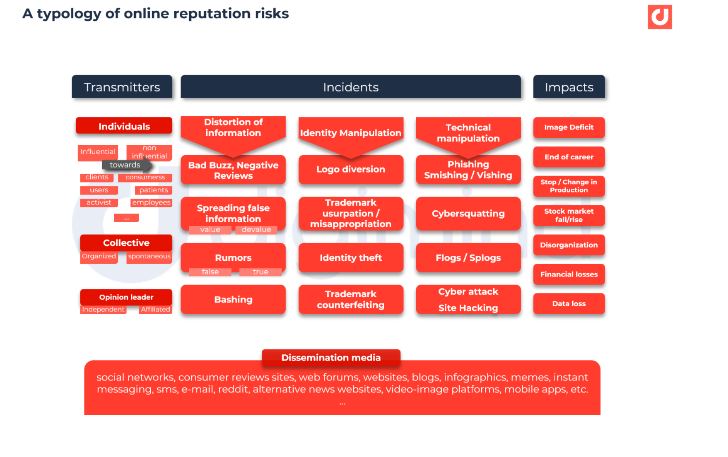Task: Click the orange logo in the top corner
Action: coord(659,17)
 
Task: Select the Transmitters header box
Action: coord(122,87)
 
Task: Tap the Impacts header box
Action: coord(569,87)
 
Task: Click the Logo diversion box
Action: coord(350,169)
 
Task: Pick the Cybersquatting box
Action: coord(468,214)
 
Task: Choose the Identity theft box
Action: coord(350,257)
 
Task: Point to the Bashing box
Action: coord(233,299)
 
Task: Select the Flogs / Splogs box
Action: coord(468,257)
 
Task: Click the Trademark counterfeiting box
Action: coord(350,299)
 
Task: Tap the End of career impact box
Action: coord(569,157)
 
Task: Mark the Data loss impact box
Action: coord(569,303)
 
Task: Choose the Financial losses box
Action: coord(569,274)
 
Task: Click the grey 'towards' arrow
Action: coord(126,165)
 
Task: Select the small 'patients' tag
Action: coord(153,190)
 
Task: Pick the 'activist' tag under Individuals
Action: coord(99,202)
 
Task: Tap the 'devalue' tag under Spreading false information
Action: coord(256,230)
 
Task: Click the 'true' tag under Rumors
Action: coord(260,272)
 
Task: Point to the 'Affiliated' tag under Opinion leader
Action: coord(155,309)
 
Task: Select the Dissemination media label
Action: coord(330,358)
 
